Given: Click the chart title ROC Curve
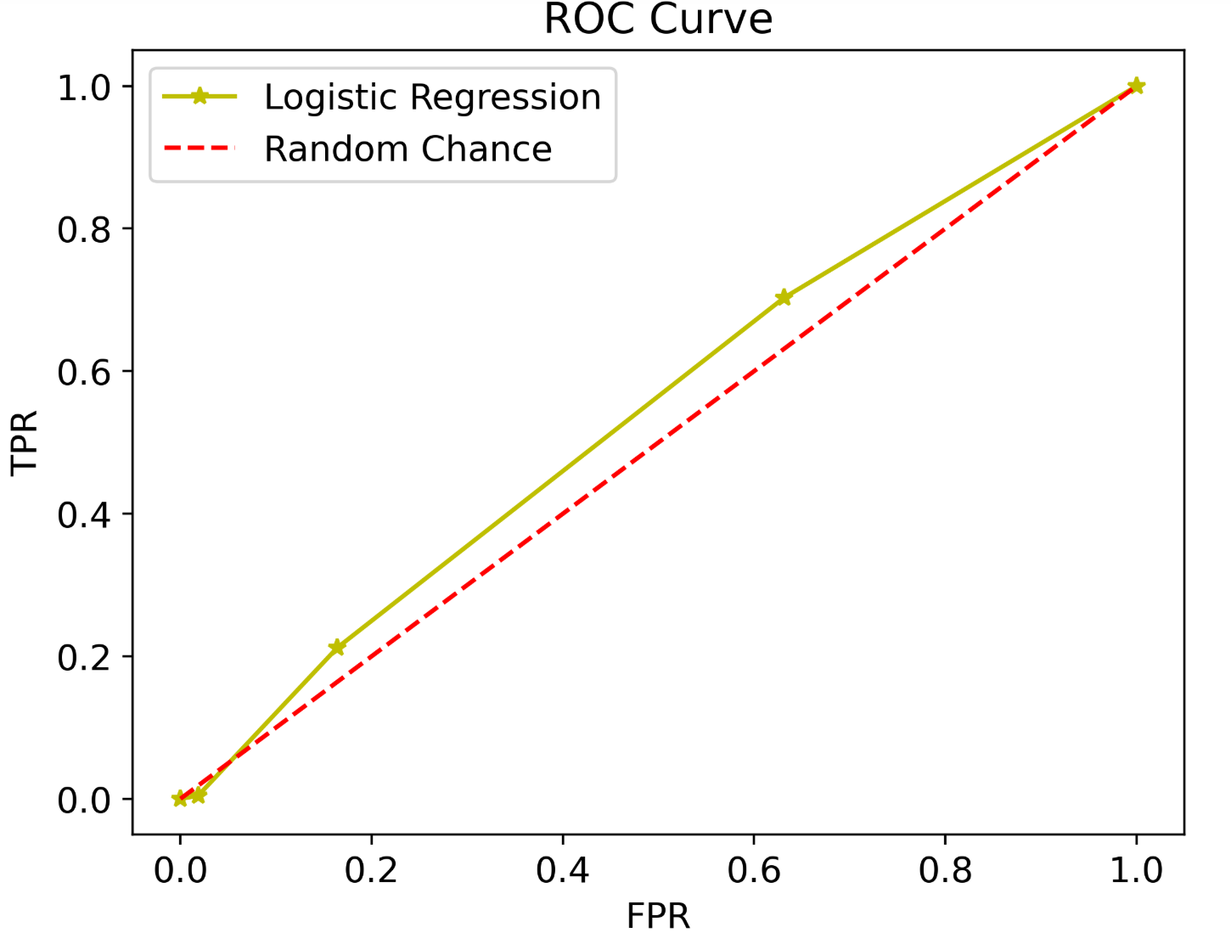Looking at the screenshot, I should [658, 20].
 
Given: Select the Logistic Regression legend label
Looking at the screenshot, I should [432, 98].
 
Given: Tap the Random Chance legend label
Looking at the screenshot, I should [408, 149].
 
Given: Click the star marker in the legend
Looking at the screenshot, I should [200, 97].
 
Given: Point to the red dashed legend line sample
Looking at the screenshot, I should [200, 149].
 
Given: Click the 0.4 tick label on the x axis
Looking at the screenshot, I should [562, 871].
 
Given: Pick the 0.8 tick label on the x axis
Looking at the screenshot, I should [945, 871].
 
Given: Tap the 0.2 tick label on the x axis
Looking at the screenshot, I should [371, 871].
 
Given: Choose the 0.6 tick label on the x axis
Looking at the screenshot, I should [754, 871].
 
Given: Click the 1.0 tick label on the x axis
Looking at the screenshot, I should [1136, 871].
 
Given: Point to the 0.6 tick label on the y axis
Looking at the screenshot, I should [84, 372].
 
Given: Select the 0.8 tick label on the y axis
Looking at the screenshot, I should [84, 229].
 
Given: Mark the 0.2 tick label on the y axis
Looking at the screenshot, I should [84, 657].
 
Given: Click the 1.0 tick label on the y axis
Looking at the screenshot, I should [84, 87].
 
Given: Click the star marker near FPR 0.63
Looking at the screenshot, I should [783, 297].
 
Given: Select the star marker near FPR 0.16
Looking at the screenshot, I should [337, 647].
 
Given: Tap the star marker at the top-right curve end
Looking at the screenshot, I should [1136, 86].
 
